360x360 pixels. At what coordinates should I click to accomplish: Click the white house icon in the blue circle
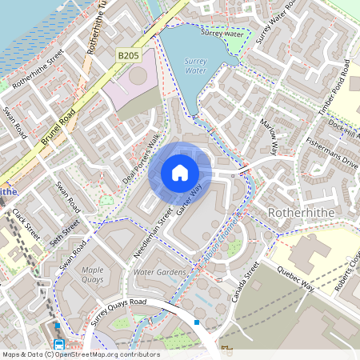pos(180,173)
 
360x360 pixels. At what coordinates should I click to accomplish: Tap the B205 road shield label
pos(128,56)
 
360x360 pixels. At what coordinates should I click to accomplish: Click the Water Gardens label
pos(160,273)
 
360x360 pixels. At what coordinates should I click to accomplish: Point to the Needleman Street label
pos(153,233)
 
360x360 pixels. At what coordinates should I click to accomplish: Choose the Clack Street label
pos(26,225)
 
